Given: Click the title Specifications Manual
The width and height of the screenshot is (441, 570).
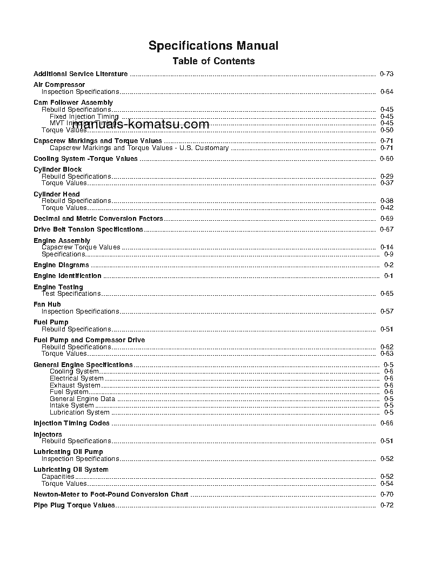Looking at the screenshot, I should [213, 45].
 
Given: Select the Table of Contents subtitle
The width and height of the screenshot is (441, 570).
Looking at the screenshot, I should [213, 61].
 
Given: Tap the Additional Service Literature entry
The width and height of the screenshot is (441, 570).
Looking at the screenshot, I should [81, 74].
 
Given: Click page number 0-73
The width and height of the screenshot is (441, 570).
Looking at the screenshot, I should [386, 74].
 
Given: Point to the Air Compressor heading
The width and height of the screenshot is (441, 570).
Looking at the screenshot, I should [59, 85].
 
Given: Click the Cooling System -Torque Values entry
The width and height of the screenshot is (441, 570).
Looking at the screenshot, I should [85, 159].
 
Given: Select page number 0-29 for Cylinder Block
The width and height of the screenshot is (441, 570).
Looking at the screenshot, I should [386, 177].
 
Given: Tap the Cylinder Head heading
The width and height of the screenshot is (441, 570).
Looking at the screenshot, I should [56, 194].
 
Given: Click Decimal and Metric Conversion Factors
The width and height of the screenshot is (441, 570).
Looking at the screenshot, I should [98, 219].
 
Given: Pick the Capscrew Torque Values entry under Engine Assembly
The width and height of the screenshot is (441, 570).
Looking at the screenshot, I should [81, 247].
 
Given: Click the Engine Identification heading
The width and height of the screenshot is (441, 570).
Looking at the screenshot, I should [67, 276].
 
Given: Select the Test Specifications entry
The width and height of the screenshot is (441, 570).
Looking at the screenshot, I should [71, 294].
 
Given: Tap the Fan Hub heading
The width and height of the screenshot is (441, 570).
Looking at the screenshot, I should [47, 304].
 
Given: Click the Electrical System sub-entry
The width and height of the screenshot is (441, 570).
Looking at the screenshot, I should [76, 378].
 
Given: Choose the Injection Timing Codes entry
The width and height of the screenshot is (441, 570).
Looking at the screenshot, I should [71, 423].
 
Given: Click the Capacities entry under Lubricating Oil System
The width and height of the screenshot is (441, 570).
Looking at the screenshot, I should [58, 477].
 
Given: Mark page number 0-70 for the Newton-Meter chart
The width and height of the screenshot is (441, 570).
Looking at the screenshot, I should [386, 494].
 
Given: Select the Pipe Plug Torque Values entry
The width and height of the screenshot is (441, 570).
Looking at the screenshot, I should [74, 505].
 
